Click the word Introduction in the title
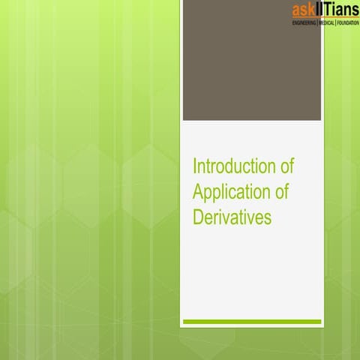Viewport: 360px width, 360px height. click(230, 165)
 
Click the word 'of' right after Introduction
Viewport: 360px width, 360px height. click(283, 165)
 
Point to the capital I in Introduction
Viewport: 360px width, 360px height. click(195, 165)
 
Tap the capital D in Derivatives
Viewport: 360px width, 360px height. click(199, 217)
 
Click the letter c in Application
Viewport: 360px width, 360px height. click(240, 191)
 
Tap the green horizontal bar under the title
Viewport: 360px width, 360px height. click(252, 322)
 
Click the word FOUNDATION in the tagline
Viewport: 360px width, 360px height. click(348, 24)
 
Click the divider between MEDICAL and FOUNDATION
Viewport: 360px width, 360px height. click(337, 24)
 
